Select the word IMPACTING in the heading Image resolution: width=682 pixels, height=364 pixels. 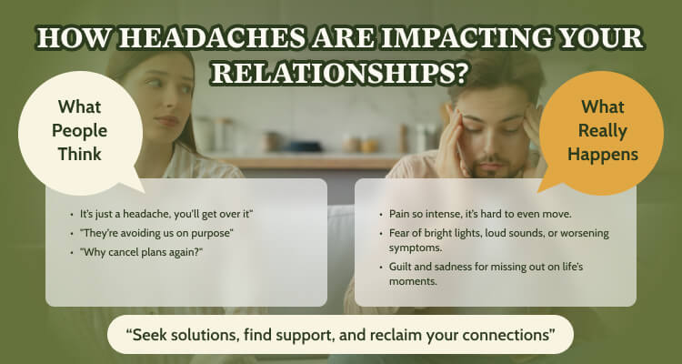455,38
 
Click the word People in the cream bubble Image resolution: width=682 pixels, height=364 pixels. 80,131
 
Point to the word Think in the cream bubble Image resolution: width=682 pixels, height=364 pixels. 80,154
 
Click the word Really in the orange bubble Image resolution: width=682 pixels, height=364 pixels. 602,131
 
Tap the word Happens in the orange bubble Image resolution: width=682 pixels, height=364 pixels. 602,155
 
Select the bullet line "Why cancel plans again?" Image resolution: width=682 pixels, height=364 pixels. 141,252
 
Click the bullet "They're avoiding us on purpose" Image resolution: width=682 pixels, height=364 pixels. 156,233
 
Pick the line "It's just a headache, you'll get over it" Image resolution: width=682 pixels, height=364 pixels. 166,214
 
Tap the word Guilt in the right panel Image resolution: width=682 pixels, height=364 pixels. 399,267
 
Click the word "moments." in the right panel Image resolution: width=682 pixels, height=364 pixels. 413,282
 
